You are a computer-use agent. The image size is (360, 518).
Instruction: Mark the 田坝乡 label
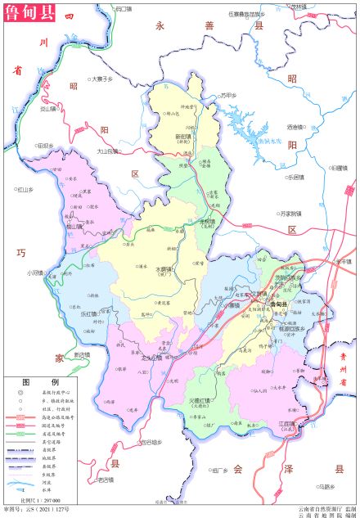click(x=44, y=146)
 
